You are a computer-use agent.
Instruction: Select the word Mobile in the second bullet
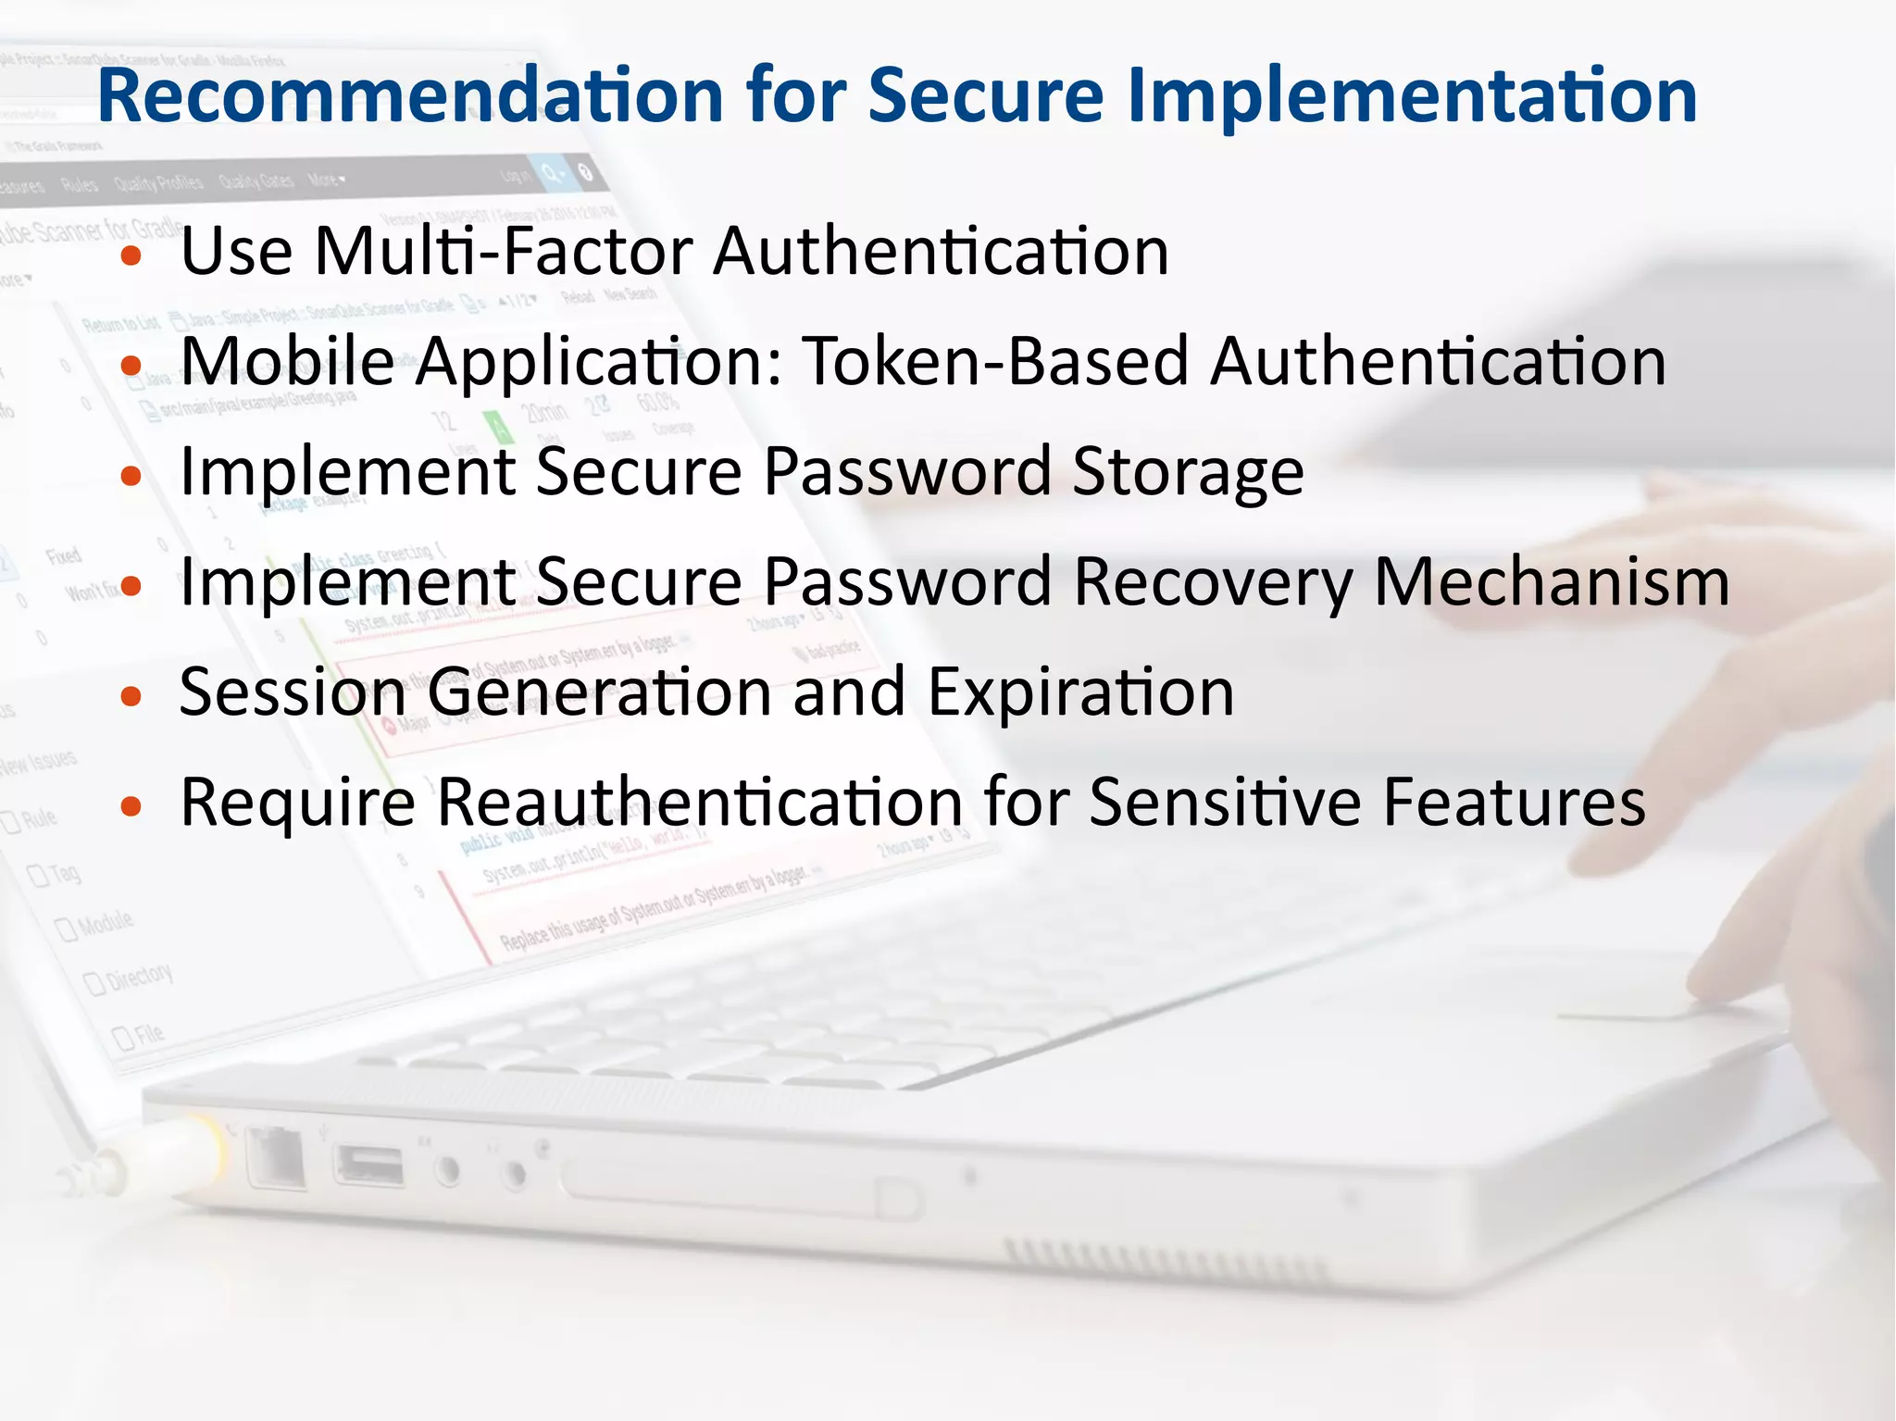[287, 361]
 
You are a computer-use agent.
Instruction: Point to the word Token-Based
[995, 361]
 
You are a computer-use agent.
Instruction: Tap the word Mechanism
[1552, 582]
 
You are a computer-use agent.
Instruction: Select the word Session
[293, 692]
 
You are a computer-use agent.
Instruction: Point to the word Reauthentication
[700, 802]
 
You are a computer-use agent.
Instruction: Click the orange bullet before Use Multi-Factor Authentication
[131, 256]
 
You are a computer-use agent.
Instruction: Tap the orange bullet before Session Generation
[131, 696]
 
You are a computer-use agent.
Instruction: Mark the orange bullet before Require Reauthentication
[131, 806]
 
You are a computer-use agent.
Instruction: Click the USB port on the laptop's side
[369, 1165]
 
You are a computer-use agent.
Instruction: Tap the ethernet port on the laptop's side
[276, 1157]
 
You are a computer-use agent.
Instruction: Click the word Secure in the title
[986, 95]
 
